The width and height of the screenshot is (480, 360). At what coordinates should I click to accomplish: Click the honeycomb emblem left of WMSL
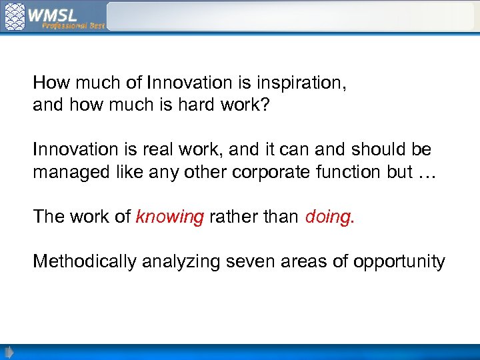click(x=15, y=16)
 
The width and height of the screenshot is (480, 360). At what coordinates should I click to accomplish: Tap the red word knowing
click(x=169, y=216)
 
